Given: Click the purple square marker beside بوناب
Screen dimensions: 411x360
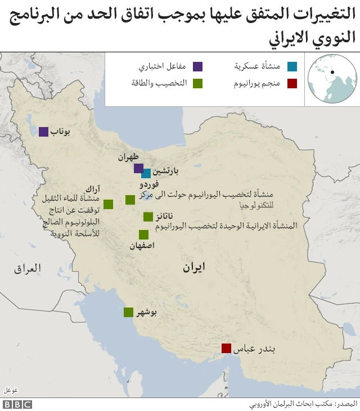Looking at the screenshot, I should point(43,132).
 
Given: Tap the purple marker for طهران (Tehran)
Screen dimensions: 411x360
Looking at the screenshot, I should point(138,168).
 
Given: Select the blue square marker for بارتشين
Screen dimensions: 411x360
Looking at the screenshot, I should point(146,173).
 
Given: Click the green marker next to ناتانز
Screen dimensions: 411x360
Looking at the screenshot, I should point(148,216).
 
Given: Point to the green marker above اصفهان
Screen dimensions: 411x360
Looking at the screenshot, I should point(143,234).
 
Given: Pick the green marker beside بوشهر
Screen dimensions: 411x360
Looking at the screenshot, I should point(129,313).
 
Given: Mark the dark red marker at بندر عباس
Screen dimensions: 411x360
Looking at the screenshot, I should point(226,349).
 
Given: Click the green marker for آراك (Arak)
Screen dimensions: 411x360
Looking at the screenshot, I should point(108,204).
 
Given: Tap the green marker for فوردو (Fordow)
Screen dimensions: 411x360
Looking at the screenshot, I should point(130,199).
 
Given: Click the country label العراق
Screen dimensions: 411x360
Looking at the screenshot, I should point(28,269).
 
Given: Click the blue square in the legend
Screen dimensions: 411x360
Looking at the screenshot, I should point(291,66).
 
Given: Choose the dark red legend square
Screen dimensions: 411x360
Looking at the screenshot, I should point(291,84).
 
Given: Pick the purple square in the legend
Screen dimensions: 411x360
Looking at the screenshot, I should point(197,66).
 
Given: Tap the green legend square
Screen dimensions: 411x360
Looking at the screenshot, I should point(197,84).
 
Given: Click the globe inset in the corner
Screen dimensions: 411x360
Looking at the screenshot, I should point(332,79).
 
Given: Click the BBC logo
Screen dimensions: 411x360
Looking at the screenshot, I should point(17,404).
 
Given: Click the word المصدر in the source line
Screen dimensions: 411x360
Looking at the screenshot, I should point(347,404).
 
